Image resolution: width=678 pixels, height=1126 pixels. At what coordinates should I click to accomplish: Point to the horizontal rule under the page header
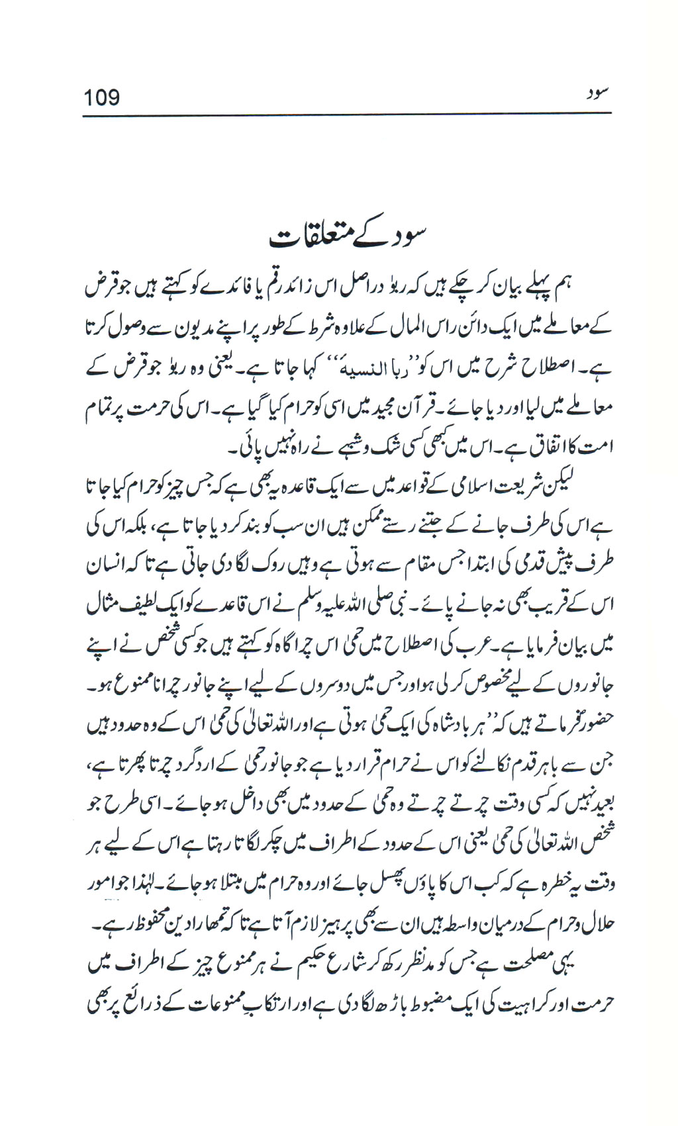click(x=346, y=117)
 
